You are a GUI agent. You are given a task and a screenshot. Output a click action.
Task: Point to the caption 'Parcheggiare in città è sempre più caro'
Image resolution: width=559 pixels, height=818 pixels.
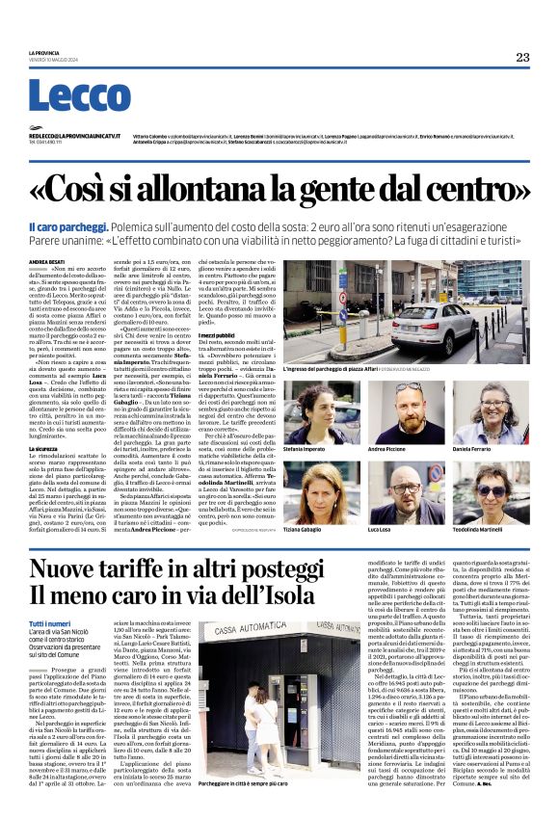pyautogui.click(x=244, y=785)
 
